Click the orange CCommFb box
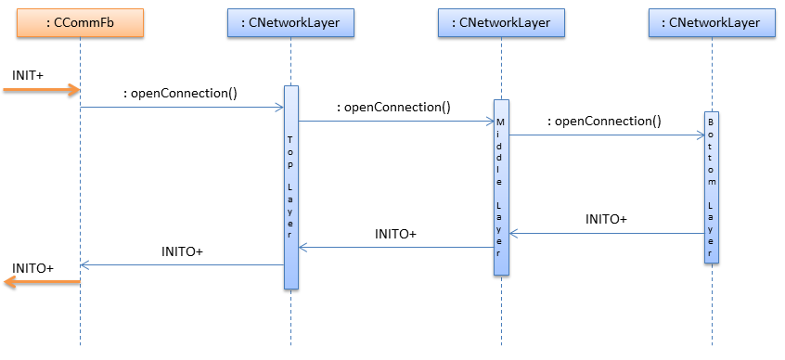coord(80,23)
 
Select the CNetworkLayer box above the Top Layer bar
coord(290,23)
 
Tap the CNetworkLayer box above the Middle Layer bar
coord(501,23)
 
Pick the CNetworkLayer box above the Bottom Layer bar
coord(712,23)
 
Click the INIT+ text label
coord(28,73)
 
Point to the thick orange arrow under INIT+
coord(42,90)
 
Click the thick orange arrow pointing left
coord(42,283)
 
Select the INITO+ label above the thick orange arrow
coord(32,267)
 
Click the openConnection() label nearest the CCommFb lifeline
coord(180,93)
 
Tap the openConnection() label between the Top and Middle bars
coord(393,107)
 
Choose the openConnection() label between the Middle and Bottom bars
coord(604,121)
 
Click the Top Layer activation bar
coord(290,186)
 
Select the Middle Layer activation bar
coord(501,186)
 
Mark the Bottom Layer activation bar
coord(712,186)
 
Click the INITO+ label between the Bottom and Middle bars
coord(606,220)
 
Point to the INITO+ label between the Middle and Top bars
coord(395,234)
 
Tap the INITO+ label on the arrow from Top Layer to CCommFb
coord(182,251)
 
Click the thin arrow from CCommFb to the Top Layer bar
coord(181,108)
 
